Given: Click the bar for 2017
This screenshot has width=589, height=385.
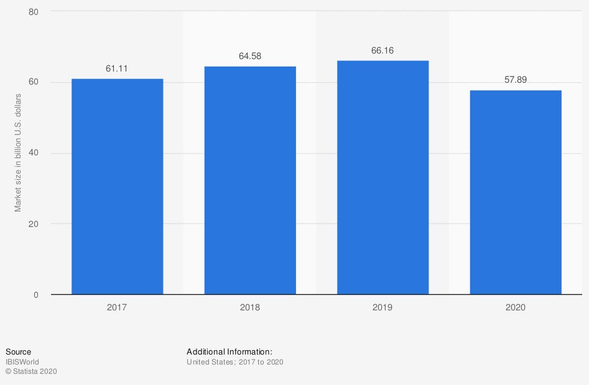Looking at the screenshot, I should (117, 187).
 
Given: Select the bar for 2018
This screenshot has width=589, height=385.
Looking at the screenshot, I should (250, 180).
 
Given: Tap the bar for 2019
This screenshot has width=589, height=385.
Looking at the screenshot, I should (383, 177).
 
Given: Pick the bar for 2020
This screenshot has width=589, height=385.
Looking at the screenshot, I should (516, 192).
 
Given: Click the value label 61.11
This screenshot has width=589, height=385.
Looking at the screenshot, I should (117, 68).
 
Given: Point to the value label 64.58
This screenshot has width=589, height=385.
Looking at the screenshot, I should (250, 57).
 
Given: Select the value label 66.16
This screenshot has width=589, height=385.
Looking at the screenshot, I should (383, 50).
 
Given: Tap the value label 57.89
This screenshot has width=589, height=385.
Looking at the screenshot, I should (516, 80).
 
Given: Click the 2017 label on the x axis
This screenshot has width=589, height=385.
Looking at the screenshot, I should (117, 307).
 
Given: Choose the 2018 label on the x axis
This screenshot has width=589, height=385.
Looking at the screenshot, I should (250, 307).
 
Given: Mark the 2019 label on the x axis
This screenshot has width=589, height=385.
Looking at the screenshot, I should (383, 307).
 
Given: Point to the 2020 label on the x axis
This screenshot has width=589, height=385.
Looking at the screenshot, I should (516, 307).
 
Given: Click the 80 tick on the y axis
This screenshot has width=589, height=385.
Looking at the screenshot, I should (34, 12).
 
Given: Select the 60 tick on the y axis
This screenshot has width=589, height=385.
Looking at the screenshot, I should (34, 83).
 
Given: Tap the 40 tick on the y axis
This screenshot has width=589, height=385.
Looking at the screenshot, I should (34, 153).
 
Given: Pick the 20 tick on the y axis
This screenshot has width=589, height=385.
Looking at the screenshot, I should (34, 224).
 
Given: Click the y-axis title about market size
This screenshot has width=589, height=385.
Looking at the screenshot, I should (18, 153).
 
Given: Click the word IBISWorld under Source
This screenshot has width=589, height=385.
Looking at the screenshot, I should (22, 361).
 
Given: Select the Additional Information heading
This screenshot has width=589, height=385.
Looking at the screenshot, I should (230, 352).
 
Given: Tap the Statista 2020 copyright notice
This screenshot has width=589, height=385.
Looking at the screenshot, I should (31, 371).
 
